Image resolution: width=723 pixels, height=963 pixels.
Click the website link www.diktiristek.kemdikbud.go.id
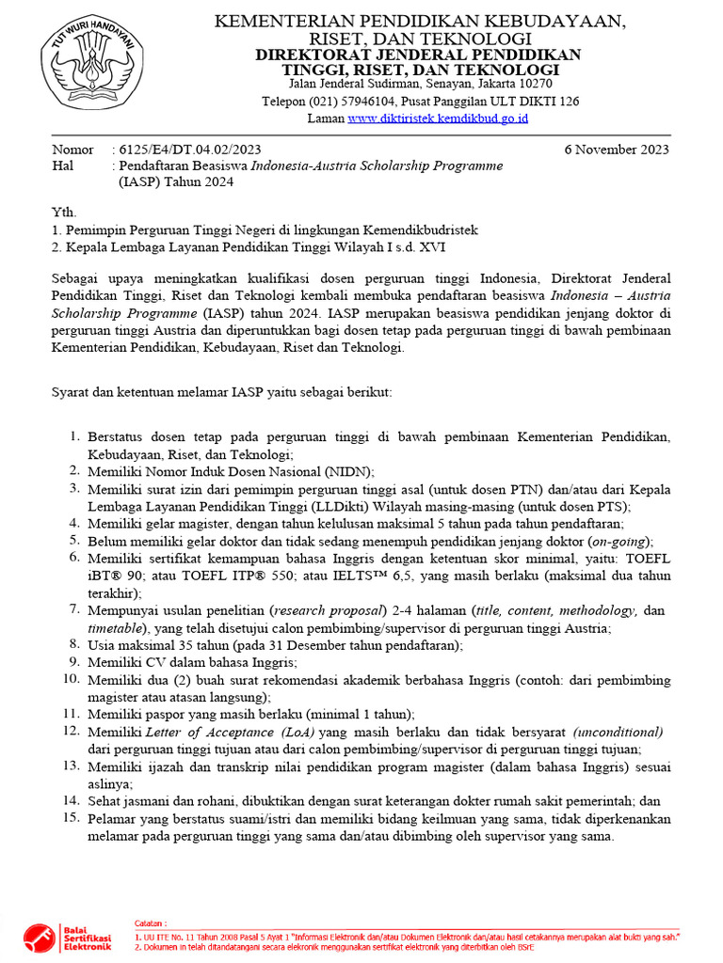click(438, 118)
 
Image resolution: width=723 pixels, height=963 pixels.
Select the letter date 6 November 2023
click(617, 150)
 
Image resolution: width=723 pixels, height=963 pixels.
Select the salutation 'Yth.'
click(64, 213)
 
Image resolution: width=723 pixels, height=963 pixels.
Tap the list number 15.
click(72, 817)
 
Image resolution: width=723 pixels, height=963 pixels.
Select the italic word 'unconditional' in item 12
click(619, 732)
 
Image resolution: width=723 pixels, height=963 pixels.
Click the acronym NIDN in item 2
click(345, 471)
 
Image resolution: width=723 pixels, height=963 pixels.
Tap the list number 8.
click(74, 644)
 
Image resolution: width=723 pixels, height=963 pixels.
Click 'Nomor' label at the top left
click(72, 150)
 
